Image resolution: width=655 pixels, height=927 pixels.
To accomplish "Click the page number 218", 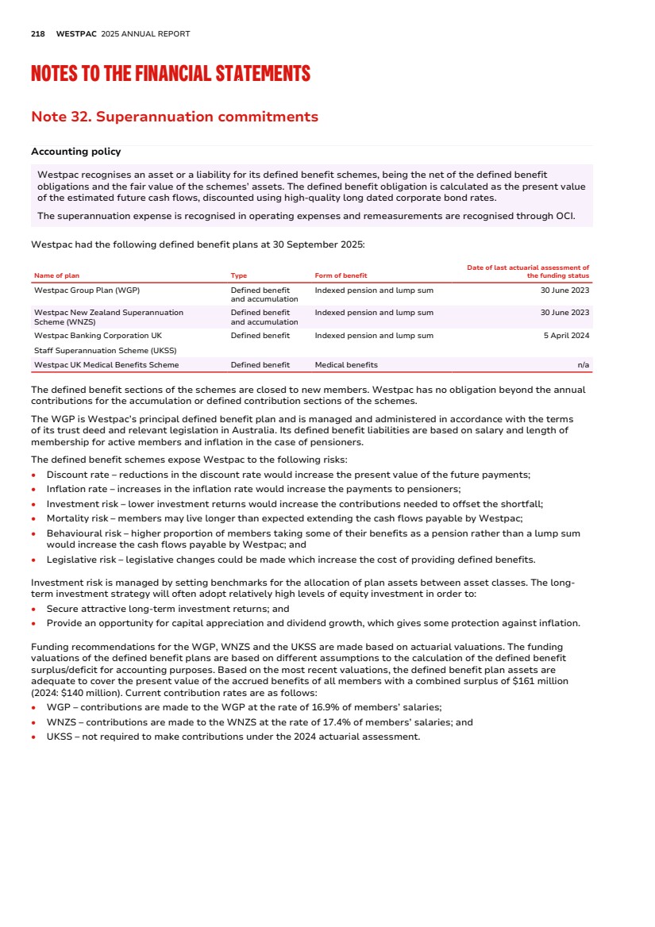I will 37,34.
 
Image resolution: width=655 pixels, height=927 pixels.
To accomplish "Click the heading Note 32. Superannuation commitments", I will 174,117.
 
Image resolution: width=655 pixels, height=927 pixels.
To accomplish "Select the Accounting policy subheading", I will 75,152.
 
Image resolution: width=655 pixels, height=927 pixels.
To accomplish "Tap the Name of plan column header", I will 56,276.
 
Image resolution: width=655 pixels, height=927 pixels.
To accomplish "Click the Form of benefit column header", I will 341,276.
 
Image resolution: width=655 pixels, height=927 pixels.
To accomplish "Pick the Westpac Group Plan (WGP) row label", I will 87,290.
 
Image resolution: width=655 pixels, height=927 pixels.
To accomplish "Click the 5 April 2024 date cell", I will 564,336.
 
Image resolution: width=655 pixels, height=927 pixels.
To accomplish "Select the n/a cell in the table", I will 583,365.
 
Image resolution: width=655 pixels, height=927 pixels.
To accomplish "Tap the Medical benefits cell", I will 346,365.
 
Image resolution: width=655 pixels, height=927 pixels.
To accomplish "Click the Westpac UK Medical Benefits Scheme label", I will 106,365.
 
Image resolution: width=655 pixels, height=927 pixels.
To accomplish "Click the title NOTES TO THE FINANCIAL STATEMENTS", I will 171,75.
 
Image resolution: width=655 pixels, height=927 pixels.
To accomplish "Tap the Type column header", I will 239,276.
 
